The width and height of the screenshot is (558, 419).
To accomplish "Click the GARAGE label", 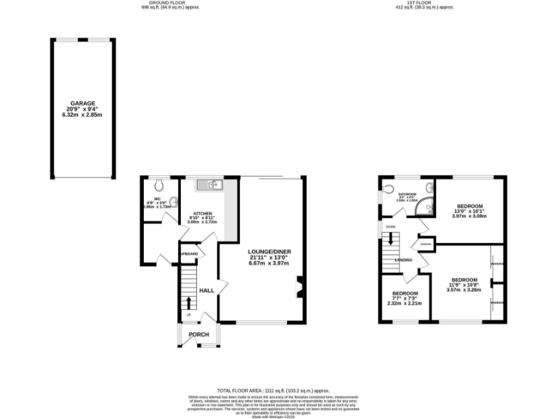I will pos(82,103).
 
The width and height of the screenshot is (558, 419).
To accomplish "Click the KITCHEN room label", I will pos(202,214).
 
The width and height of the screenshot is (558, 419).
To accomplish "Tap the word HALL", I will pos(206,290).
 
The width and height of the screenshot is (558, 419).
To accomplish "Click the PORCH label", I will pos(199,335).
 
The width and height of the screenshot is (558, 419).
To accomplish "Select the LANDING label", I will pos(403,260).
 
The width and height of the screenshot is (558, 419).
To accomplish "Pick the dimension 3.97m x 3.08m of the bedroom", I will pos(466,216).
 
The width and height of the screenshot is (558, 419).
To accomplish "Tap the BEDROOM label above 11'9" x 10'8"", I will pos(464,280).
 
